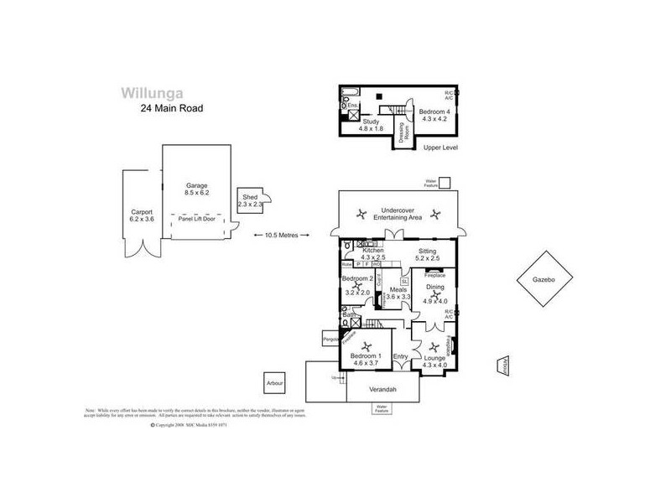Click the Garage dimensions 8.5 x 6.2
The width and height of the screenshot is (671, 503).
[197, 193]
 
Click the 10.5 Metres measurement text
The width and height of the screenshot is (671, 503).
[282, 234]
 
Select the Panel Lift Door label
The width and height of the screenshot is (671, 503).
[197, 218]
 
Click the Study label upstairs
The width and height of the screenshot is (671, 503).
[370, 122]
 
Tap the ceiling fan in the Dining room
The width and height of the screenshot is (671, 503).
[435, 293]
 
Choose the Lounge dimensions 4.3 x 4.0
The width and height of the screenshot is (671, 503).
[435, 366]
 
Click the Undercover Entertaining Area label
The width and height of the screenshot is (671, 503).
[400, 213]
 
